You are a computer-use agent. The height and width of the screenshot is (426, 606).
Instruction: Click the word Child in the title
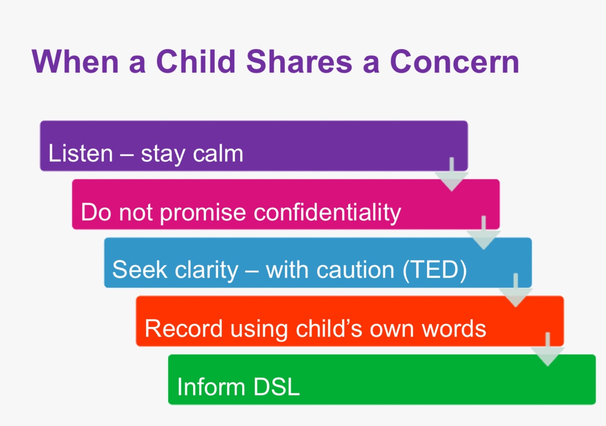[x=196, y=61]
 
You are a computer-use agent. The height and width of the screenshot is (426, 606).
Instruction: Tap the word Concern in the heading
[x=454, y=61]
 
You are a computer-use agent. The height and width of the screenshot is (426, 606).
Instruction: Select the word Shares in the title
[x=299, y=61]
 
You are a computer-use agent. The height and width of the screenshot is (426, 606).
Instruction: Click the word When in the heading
[x=75, y=61]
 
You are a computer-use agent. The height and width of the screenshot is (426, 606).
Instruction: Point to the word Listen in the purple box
[x=80, y=153]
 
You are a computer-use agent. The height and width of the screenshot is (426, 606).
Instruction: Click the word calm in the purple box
[x=218, y=153]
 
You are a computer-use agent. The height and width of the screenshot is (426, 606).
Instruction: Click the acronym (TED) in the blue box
[x=435, y=270]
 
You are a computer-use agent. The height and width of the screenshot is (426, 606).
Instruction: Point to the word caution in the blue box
[x=356, y=270]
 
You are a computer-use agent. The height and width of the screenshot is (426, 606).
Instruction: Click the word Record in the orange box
[x=184, y=329]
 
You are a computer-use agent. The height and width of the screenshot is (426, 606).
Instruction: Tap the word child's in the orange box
[x=329, y=329]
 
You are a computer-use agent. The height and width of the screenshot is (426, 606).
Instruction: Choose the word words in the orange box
[x=454, y=329]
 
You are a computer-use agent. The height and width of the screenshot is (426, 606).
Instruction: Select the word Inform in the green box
[x=211, y=387]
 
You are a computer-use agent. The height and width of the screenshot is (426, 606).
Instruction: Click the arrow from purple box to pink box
[x=452, y=175]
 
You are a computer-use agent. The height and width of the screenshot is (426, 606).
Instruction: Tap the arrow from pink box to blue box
[x=484, y=233]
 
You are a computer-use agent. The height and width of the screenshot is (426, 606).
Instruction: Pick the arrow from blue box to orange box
[x=516, y=291]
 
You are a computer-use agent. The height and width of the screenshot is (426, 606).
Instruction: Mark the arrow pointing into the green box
[x=547, y=349]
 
